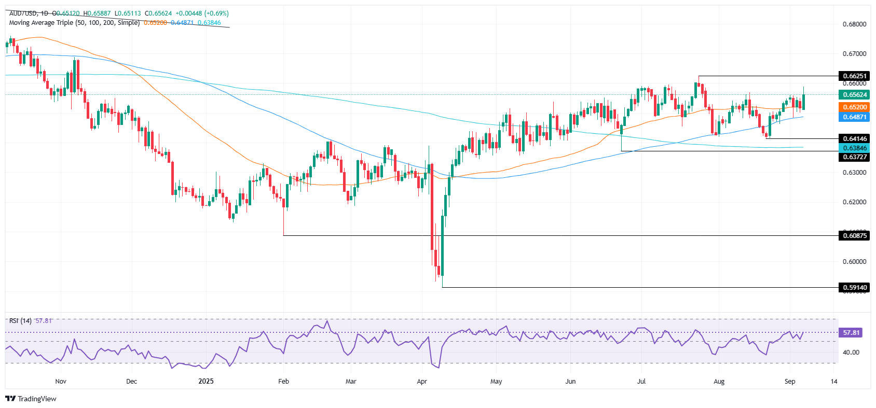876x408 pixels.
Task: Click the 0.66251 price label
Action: [854, 76]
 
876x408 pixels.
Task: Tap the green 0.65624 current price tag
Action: [854, 95]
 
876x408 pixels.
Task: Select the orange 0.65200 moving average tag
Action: [854, 107]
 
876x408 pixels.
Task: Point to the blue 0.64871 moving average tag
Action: [854, 117]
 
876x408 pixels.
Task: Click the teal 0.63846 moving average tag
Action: [854, 148]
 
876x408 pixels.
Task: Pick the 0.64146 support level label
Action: [854, 138]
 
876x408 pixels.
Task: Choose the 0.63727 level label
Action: [854, 157]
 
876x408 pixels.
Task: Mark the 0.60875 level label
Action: [854, 236]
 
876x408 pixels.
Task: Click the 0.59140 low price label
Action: [854, 287]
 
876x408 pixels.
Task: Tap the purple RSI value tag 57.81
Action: [851, 333]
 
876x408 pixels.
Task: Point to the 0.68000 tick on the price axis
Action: [854, 24]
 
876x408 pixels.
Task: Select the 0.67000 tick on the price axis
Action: [854, 54]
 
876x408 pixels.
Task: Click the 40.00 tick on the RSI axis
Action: [851, 353]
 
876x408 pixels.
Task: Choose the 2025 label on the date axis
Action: [206, 382]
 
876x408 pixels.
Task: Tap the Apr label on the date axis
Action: [422, 382]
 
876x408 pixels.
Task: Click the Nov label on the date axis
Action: [61, 382]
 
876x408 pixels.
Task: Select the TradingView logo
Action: [31, 399]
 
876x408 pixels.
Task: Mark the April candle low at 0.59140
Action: [442, 286]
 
